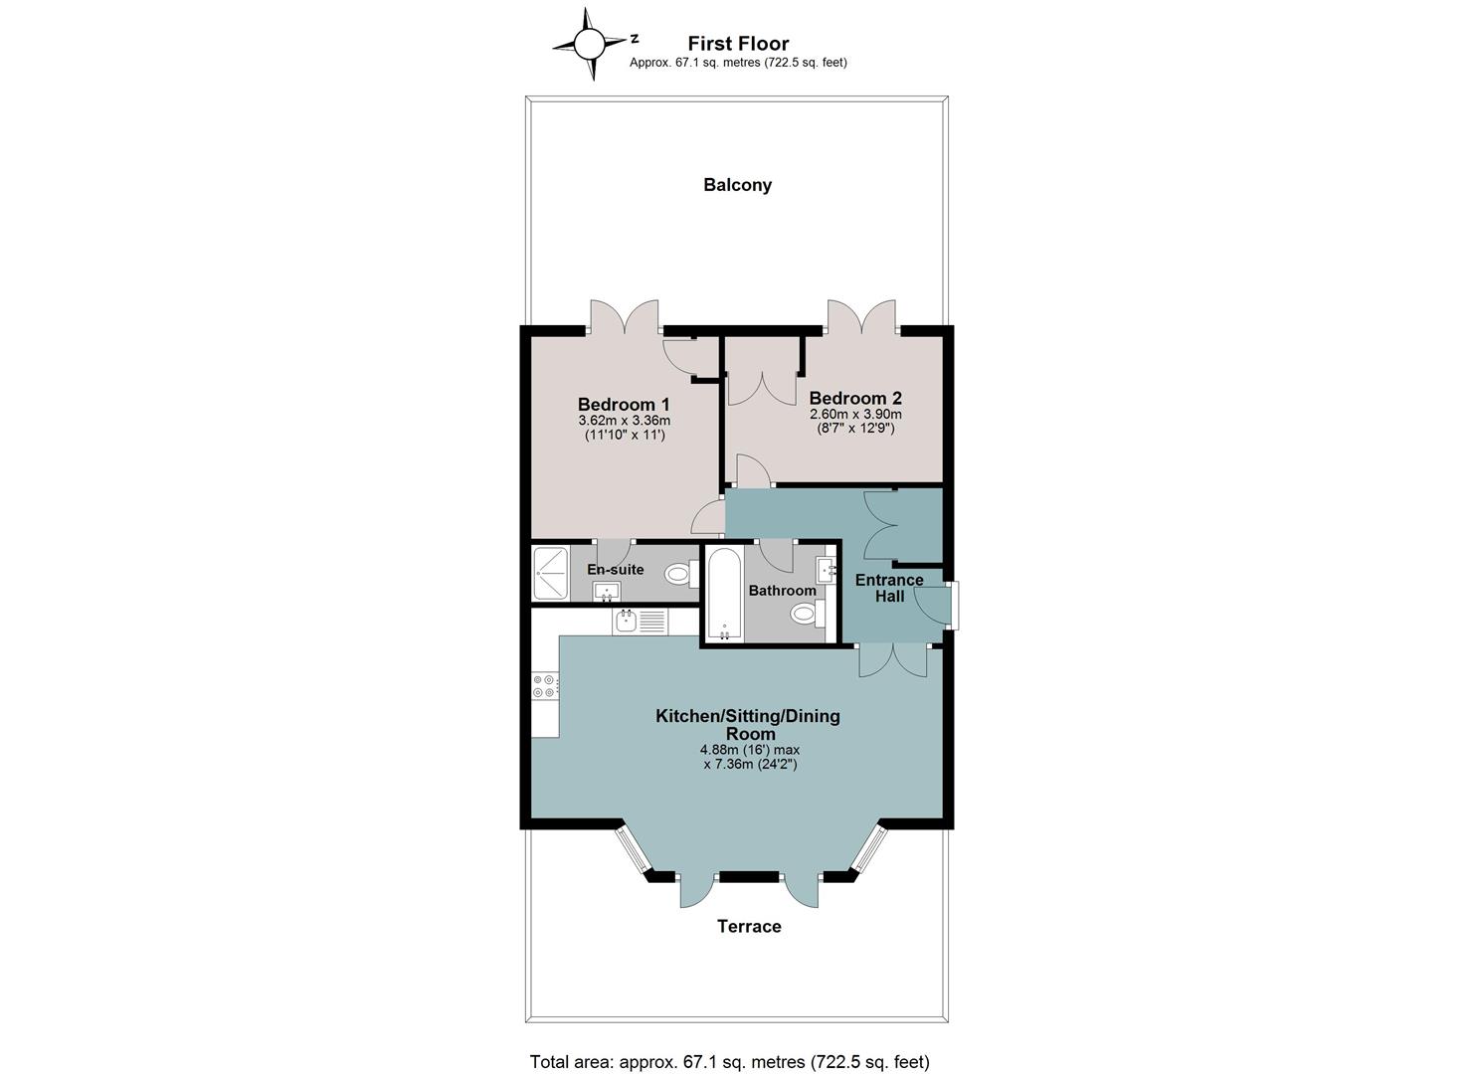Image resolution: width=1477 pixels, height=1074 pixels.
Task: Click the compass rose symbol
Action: [x=589, y=44]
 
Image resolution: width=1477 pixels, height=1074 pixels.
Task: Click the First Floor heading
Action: [x=738, y=44]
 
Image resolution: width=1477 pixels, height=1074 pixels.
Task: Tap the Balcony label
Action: [x=737, y=185]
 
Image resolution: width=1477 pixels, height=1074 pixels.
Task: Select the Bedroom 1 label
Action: [x=624, y=404]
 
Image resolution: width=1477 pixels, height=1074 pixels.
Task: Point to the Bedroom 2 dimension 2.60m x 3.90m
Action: [x=855, y=414]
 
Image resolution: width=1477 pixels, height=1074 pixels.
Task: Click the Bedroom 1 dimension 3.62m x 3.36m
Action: [x=624, y=420]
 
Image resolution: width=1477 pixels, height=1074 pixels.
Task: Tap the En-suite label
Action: [x=616, y=569]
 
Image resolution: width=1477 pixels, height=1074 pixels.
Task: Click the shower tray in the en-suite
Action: [x=550, y=573]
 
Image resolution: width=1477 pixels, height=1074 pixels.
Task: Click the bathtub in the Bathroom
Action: [x=725, y=594]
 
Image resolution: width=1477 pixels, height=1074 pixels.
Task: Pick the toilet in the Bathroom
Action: [x=808, y=614]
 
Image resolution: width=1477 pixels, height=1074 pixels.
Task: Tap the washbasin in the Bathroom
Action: [x=827, y=570]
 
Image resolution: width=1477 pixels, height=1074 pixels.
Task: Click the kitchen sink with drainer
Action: [x=640, y=622]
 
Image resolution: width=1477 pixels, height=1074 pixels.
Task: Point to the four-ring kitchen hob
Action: [x=546, y=686]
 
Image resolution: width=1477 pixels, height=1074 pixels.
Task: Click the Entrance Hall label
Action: [x=889, y=588]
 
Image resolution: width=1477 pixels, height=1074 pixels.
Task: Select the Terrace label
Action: [x=749, y=926]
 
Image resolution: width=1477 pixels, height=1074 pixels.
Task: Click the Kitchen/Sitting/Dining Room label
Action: [x=748, y=725]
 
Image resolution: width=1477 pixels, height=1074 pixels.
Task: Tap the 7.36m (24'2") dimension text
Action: [x=750, y=764]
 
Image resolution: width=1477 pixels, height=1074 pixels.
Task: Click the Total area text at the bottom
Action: [x=730, y=1044]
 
